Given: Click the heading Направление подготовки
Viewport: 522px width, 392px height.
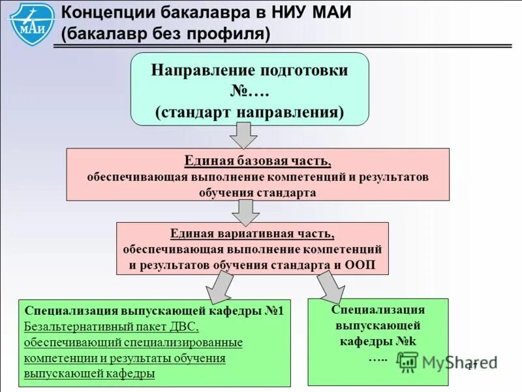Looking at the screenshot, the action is [250, 71].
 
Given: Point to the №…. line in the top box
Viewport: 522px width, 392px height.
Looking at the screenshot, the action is [250, 91].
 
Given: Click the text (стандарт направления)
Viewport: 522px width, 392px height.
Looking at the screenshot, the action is [250, 111].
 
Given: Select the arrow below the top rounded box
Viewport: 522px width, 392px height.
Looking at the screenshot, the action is [243, 135].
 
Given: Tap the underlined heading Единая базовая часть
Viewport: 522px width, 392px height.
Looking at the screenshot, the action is [258, 161].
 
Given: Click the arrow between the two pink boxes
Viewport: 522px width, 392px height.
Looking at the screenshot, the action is [246, 211].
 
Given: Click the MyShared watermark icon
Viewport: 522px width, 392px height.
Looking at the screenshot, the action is [408, 362].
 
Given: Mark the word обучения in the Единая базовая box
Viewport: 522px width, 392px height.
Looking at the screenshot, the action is [225, 193].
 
